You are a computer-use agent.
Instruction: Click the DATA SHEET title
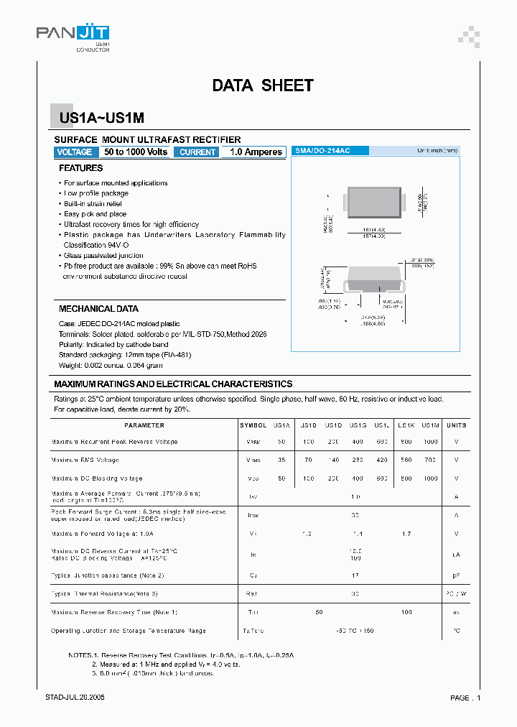pos(262,85)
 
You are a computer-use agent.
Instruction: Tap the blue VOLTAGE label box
pos(75,152)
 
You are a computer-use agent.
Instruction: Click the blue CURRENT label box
pos(197,152)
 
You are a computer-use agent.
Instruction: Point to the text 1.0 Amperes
pos(256,152)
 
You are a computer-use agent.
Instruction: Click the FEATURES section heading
pos(80,168)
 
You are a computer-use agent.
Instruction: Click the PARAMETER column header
pos(144,425)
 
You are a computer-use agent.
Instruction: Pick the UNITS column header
pos(456,425)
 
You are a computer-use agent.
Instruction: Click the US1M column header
pos(431,425)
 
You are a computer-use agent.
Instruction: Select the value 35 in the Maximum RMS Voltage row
pos(281,460)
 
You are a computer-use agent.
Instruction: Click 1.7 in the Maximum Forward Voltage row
pos(406,534)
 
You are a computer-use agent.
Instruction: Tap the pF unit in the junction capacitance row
pos(456,575)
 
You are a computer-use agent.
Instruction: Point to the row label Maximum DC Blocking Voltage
pos(97,478)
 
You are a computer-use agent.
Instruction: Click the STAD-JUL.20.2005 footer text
pos(75,698)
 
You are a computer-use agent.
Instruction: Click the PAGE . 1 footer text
pos(465,698)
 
